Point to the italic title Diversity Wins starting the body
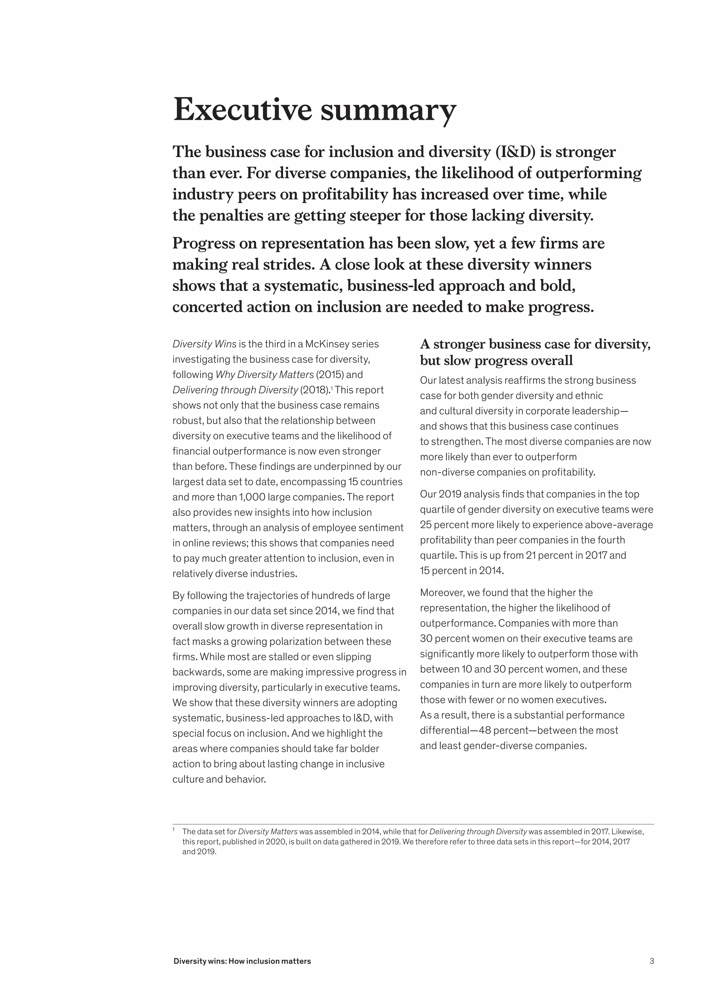tap(204, 344)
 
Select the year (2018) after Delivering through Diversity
tap(314, 390)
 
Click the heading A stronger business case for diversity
tap(535, 344)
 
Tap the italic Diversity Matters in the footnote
tap(268, 831)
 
